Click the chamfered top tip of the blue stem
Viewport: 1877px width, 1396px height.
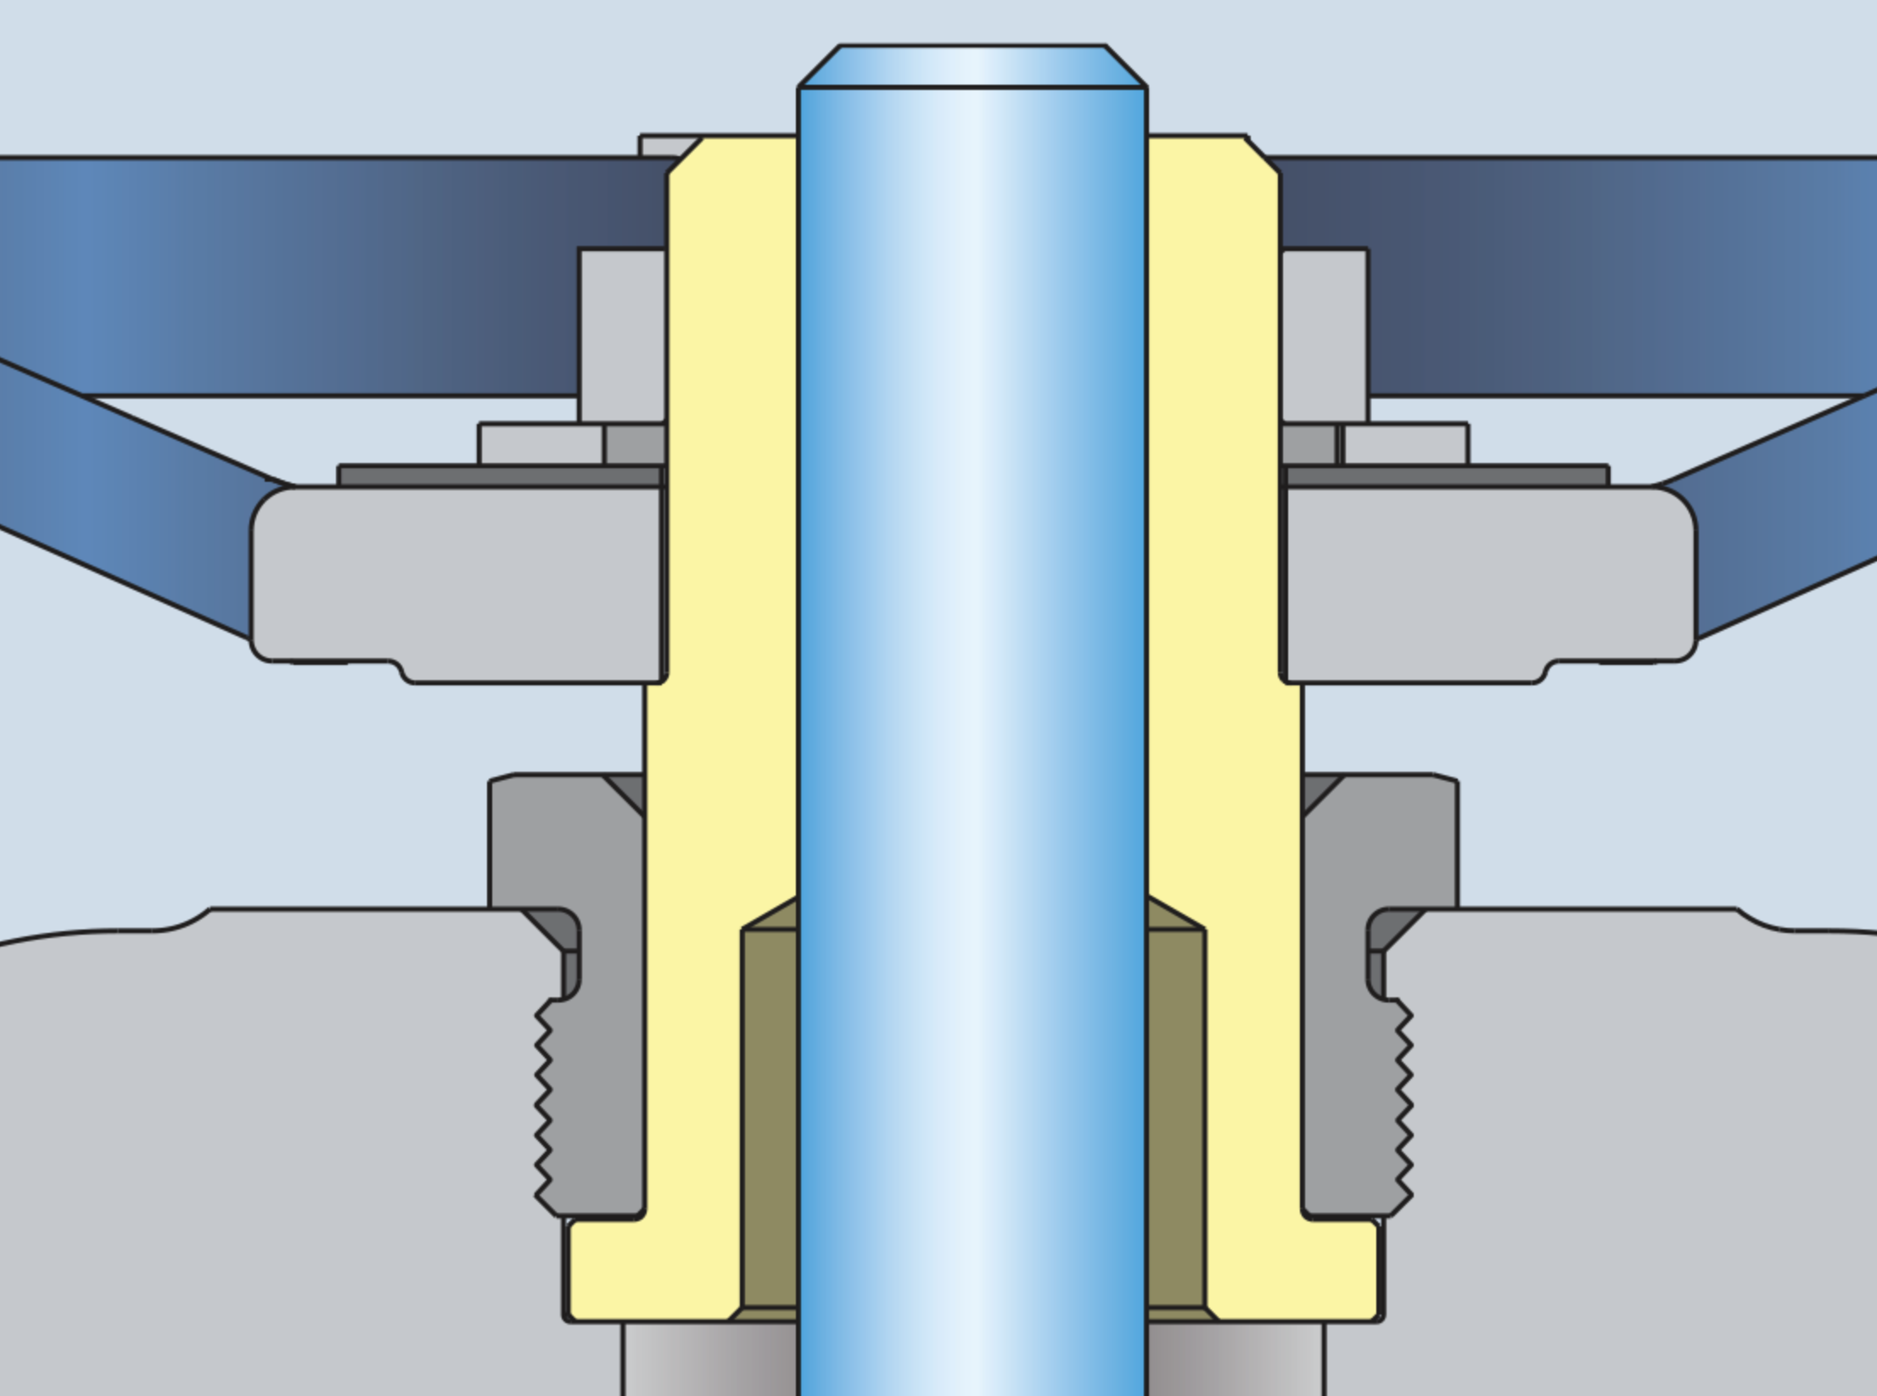[972, 66]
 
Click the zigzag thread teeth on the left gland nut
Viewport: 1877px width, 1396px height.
[543, 1103]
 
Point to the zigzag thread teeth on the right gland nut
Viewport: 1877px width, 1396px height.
[1404, 1103]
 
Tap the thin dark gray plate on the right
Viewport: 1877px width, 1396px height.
[1448, 476]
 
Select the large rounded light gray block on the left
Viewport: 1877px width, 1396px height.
[458, 577]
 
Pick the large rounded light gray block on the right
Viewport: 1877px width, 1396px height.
[1490, 577]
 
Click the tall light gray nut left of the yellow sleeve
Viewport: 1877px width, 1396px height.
[622, 335]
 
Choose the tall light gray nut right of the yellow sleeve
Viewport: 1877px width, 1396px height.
[1325, 335]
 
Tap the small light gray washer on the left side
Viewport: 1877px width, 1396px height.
[541, 444]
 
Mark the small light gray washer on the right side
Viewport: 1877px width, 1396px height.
[1406, 444]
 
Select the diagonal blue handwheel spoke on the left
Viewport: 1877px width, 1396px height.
[127, 500]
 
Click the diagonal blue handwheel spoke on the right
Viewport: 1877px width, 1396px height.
[1782, 517]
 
